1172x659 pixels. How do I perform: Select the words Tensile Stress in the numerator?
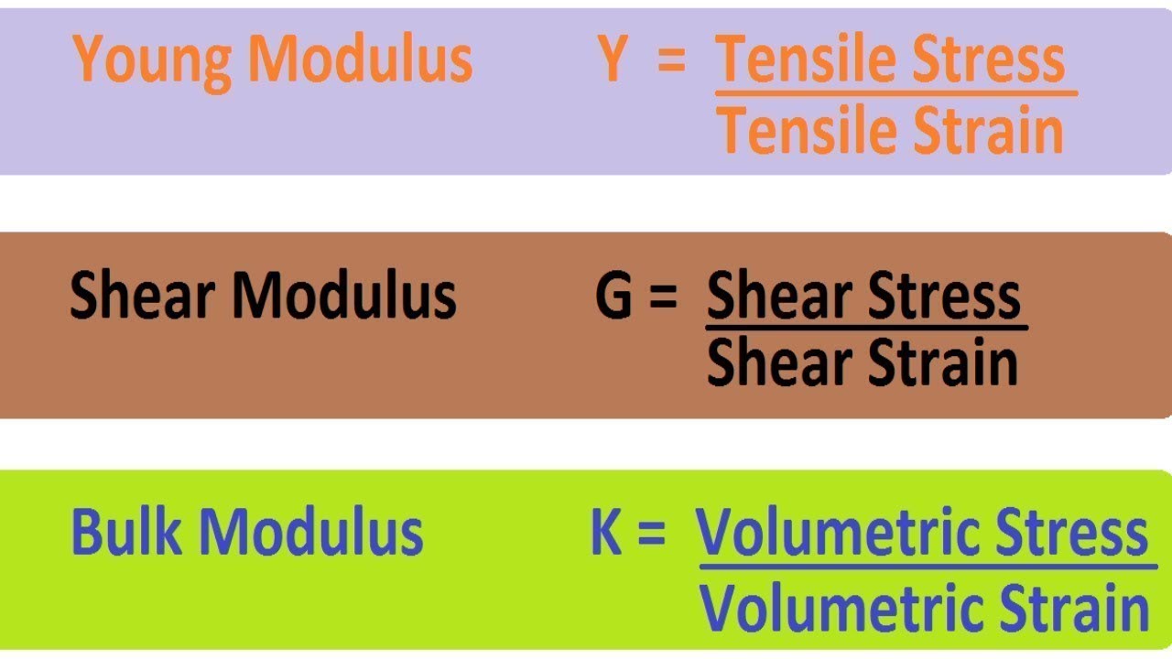pos(890,59)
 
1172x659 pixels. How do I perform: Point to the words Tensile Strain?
pos(890,130)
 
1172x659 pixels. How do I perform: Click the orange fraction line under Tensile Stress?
pos(895,92)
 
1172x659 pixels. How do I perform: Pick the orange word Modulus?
pos(360,59)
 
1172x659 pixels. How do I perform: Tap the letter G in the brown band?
pos(614,297)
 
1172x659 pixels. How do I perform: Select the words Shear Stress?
pos(863,297)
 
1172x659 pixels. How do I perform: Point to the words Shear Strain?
pos(863,362)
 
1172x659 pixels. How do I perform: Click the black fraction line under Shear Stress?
pos(866,327)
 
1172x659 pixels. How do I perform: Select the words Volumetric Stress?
pos(923,533)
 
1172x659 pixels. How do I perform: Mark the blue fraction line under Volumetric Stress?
pos(927,567)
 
